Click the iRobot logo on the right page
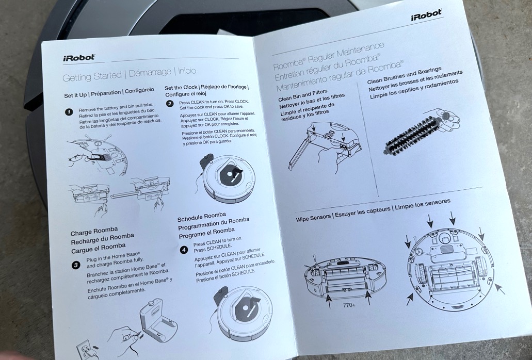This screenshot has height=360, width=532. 427,15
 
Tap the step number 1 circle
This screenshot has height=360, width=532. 69,112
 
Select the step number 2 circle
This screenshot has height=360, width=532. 170,104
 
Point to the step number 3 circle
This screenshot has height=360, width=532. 76,265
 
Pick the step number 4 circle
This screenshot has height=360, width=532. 184,250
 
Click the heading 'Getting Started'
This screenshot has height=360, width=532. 92,76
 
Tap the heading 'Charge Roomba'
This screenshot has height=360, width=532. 94,231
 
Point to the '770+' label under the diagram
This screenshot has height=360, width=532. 349,305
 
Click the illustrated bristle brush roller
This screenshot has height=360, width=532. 412,136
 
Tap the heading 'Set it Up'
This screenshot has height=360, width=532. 75,95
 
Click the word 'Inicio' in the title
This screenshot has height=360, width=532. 187,71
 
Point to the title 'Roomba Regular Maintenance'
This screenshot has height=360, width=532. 328,56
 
